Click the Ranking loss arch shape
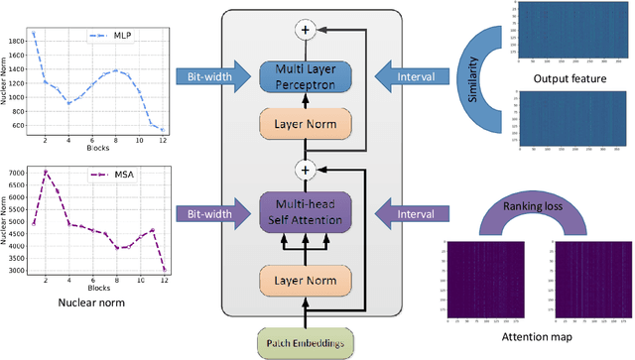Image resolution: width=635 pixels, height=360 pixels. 523,211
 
